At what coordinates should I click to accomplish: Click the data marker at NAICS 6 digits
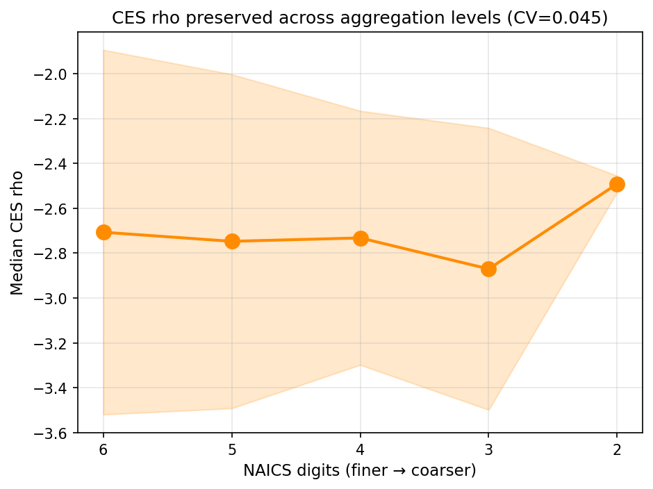point(104,232)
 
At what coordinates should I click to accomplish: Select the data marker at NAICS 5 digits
point(232,241)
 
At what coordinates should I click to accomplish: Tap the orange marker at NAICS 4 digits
point(361,238)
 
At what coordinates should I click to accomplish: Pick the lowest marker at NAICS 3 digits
point(488,269)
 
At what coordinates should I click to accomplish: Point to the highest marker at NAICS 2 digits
point(617,184)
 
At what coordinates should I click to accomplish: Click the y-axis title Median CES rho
point(17,233)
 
